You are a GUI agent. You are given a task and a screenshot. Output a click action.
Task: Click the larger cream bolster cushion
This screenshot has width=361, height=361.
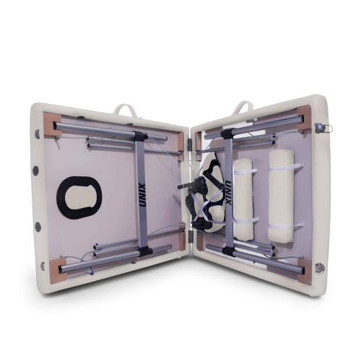click(282, 196)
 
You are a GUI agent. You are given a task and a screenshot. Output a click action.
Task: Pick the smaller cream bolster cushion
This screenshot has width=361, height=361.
click(243, 200)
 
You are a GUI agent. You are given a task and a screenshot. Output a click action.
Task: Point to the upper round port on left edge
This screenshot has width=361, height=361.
click(35, 170)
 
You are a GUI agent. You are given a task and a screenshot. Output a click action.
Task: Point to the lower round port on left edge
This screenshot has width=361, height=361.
click(38, 227)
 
